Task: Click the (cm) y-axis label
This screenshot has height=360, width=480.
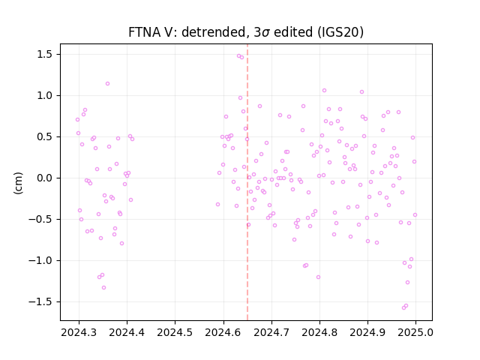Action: [18, 183]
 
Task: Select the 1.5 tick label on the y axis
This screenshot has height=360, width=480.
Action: [45, 55]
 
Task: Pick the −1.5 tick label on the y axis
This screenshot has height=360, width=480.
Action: [41, 301]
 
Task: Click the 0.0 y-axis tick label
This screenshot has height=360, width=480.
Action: [45, 178]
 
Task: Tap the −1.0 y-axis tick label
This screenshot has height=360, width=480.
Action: [41, 260]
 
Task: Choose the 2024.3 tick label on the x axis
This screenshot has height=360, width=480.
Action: [79, 332]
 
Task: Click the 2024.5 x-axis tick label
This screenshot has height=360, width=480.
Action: [175, 332]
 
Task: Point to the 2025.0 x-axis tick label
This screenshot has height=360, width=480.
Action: [415, 332]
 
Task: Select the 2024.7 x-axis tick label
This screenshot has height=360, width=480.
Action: [271, 332]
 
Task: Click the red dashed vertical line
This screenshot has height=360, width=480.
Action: [247, 182]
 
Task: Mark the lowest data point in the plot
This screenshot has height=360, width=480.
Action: [403, 307]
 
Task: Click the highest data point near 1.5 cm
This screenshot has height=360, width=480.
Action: [238, 56]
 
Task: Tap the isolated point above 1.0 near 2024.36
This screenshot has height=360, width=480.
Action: [107, 83]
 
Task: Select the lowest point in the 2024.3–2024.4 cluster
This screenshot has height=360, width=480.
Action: [103, 287]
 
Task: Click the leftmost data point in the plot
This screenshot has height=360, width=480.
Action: [77, 120]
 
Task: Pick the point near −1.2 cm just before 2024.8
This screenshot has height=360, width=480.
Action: [318, 277]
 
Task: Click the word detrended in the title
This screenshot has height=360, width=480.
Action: [215, 32]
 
